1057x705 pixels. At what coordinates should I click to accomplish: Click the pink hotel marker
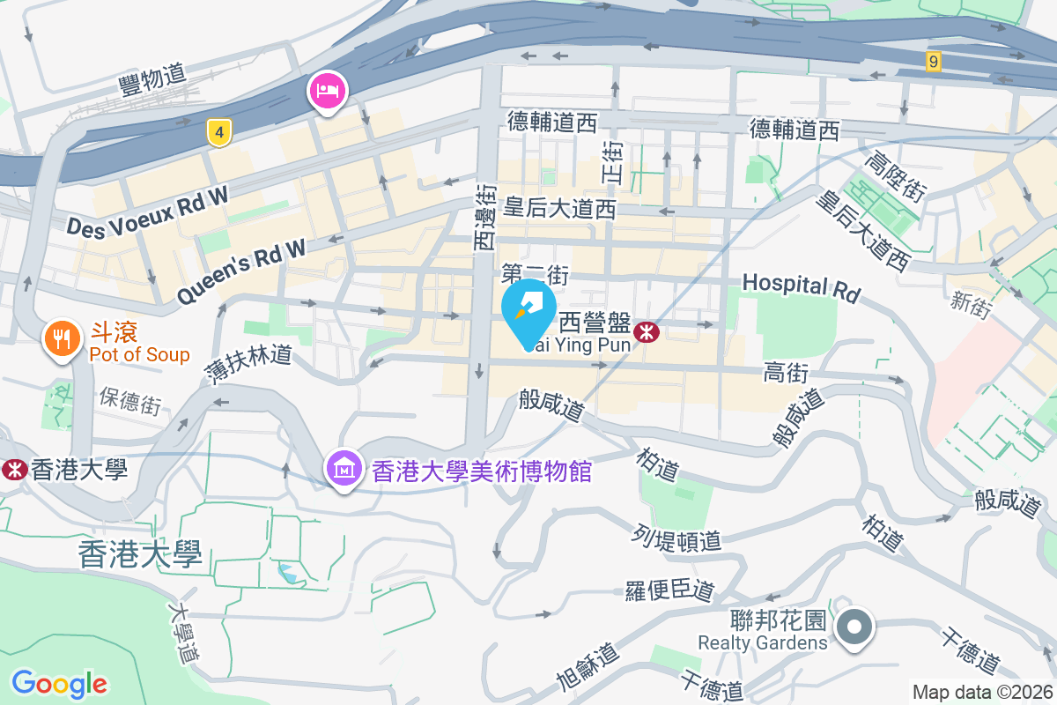(x=327, y=91)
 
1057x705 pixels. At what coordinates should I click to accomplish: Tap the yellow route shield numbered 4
(x=219, y=133)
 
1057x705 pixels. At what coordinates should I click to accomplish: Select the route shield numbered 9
(x=934, y=61)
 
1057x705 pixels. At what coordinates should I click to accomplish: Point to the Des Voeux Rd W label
(x=148, y=212)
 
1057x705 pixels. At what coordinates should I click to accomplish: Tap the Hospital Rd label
(x=801, y=286)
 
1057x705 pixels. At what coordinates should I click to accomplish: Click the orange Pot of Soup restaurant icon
(x=62, y=338)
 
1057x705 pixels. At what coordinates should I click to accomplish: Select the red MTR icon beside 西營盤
(x=647, y=332)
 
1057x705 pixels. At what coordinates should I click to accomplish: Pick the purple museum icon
(x=344, y=468)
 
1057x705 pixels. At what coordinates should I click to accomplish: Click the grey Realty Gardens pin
(x=854, y=627)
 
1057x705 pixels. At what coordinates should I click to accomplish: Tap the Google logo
(x=59, y=683)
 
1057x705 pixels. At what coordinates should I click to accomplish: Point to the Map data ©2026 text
(x=982, y=692)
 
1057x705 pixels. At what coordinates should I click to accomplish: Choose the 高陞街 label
(x=895, y=179)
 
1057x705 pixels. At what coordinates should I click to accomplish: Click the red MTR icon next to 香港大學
(x=14, y=469)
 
